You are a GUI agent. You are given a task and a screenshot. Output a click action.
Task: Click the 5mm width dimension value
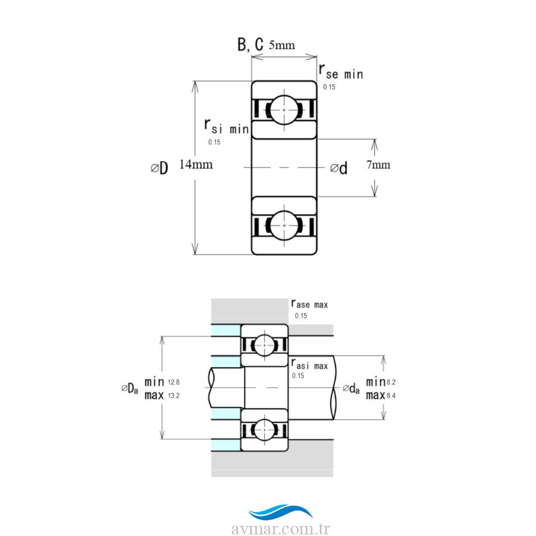[282, 45]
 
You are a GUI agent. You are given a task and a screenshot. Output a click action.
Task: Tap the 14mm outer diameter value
[196, 165]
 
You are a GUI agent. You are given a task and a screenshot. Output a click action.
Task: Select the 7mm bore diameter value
[378, 165]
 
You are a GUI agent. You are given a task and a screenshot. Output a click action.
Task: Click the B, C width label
[250, 44]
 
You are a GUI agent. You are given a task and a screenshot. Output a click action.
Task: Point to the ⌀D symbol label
[160, 168]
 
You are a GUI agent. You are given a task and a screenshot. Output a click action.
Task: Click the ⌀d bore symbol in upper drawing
[339, 168]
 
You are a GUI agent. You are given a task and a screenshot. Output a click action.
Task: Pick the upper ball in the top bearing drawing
[284, 110]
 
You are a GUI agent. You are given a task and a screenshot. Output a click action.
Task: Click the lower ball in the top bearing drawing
[284, 226]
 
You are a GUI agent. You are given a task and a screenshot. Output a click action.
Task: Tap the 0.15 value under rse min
[329, 87]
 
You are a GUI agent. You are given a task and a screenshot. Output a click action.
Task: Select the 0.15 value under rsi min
[214, 142]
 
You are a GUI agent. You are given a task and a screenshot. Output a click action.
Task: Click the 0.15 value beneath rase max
[301, 316]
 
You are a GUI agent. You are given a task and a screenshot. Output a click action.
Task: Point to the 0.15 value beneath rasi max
[297, 376]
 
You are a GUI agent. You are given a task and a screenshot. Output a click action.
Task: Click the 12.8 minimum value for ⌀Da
[174, 382]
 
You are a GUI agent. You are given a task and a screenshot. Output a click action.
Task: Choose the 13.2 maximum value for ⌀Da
[174, 396]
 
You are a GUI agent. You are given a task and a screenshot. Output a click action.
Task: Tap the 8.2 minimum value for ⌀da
[391, 382]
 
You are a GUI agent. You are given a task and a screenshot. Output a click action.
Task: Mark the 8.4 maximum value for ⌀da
[391, 396]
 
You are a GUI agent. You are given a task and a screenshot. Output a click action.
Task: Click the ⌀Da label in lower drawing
[130, 388]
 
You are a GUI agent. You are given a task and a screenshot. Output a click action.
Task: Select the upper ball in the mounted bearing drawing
[265, 345]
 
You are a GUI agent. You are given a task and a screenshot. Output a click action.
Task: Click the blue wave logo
[281, 512]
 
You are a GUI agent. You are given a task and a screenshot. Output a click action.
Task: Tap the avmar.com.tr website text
[281, 528]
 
